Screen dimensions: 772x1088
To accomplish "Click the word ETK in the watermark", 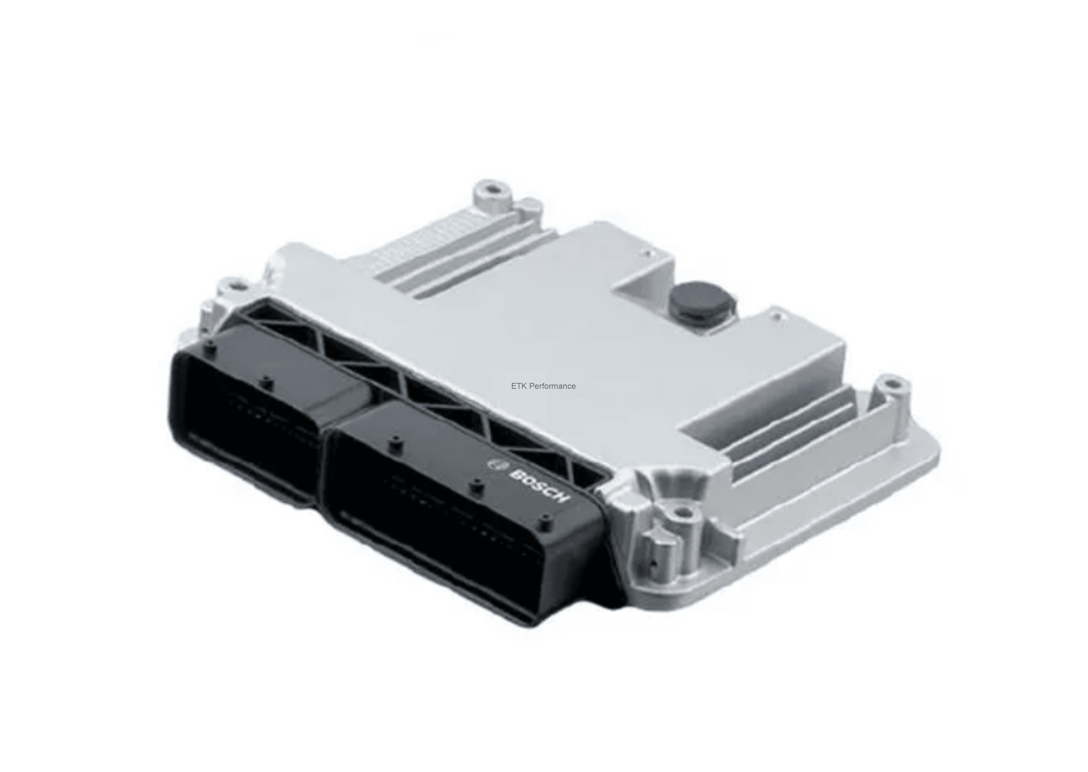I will click(519, 386).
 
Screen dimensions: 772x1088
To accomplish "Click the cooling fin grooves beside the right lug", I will click(789, 428).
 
